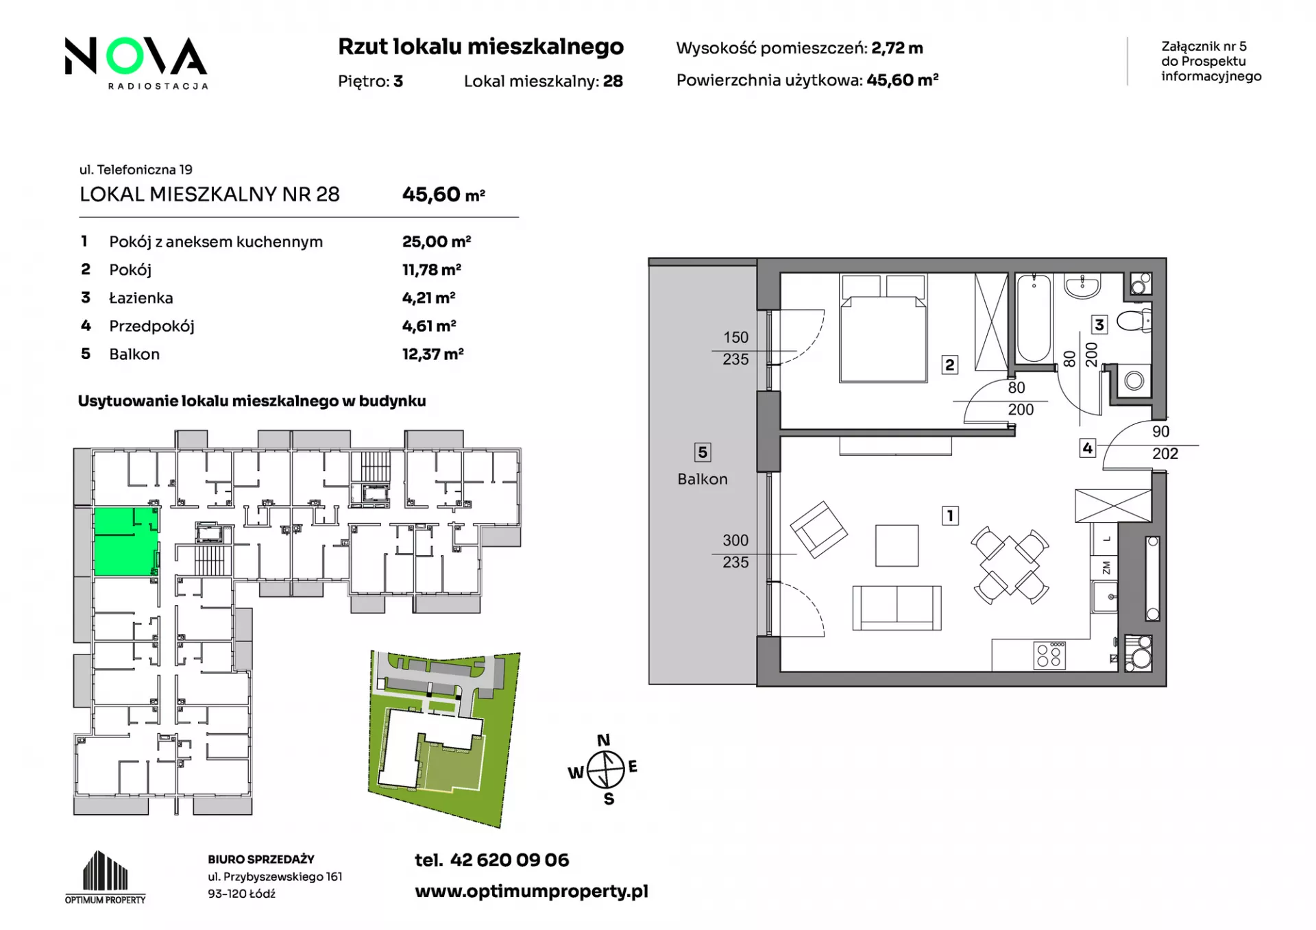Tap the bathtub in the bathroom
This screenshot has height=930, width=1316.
point(1033,318)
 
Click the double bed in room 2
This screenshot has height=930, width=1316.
point(884,328)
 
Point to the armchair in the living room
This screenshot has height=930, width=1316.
point(818,530)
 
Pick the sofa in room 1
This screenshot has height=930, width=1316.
point(897,608)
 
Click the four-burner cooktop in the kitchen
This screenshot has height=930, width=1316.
point(1049,655)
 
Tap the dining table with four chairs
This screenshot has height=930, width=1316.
point(1010,565)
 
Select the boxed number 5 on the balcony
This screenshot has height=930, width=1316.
point(702,452)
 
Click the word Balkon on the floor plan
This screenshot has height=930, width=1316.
point(703,479)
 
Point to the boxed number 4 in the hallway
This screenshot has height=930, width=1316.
point(1087,448)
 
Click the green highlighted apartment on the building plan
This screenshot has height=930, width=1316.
point(126,541)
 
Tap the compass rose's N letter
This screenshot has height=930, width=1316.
point(603,740)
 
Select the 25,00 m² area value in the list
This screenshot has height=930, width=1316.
point(437,241)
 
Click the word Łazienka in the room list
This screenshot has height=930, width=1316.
point(141,298)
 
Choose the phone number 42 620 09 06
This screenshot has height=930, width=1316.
point(509,860)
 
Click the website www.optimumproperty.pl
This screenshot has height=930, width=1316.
point(531,892)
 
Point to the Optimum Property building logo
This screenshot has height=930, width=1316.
point(106,877)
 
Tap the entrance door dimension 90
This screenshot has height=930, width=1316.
point(1160,432)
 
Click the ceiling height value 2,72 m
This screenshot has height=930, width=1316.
point(897,48)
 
